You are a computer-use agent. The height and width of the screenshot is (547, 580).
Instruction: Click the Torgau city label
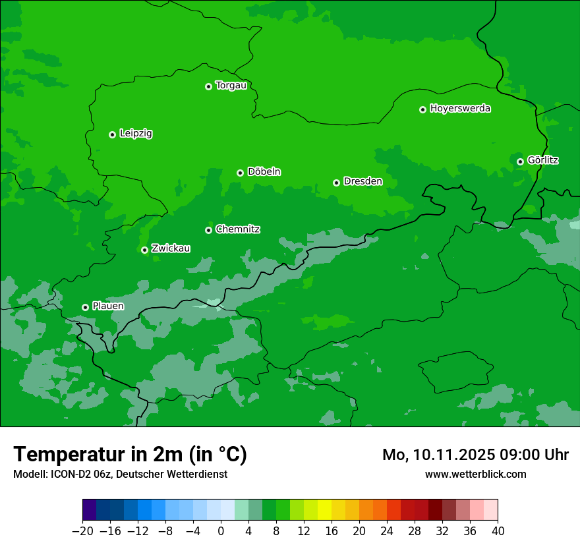(x=231, y=86)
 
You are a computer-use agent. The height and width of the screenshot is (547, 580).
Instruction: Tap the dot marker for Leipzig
(x=112, y=134)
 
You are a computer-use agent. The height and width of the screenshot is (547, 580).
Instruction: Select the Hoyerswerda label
(x=460, y=109)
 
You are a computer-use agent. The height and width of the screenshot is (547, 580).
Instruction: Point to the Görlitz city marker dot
(x=520, y=161)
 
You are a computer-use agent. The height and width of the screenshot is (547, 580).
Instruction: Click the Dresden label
(x=362, y=181)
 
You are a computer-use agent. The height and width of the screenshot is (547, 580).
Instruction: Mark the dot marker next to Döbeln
(x=240, y=173)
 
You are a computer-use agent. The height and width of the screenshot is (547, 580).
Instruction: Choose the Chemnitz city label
(x=237, y=229)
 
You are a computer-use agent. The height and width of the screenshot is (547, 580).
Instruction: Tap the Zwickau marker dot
(x=144, y=250)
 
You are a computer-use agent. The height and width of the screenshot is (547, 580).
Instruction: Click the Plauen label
(x=107, y=306)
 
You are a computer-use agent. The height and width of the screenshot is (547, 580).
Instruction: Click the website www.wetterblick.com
(x=475, y=475)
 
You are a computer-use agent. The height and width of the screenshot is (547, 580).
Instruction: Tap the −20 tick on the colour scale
(x=83, y=531)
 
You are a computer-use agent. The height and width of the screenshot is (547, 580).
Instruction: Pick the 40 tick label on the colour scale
(x=498, y=531)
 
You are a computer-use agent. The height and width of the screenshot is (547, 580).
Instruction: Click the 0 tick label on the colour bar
(x=221, y=531)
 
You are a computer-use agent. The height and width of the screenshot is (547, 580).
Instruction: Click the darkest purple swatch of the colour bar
(x=90, y=510)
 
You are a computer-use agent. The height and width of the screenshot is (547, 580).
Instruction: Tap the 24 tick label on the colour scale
(x=387, y=531)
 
